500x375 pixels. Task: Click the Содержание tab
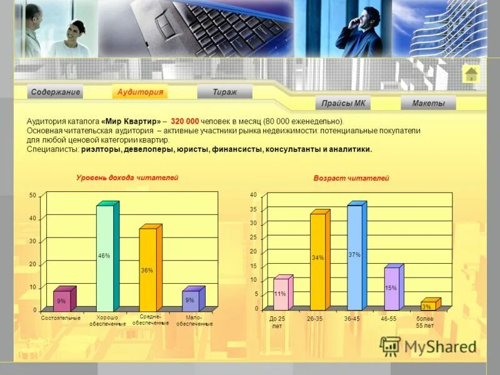tap(56, 92)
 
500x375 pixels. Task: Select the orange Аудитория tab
tap(141, 92)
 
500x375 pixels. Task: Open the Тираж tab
tap(224, 92)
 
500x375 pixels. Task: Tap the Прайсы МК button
tap(343, 103)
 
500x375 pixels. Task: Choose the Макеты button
tap(428, 103)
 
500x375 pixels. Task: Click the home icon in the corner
tap(471, 74)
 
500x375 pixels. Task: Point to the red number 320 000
tap(184, 121)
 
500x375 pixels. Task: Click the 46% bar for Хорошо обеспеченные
tap(104, 256)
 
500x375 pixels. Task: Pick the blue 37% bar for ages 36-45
tap(354, 256)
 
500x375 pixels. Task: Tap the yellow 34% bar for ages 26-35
tap(317, 259)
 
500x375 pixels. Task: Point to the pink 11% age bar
tap(281, 294)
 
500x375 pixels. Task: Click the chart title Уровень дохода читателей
tap(127, 177)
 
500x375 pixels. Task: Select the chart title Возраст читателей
tap(351, 178)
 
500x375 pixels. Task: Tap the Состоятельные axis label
tap(61, 318)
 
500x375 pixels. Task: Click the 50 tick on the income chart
tap(32, 196)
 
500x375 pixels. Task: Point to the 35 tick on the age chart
tap(254, 209)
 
